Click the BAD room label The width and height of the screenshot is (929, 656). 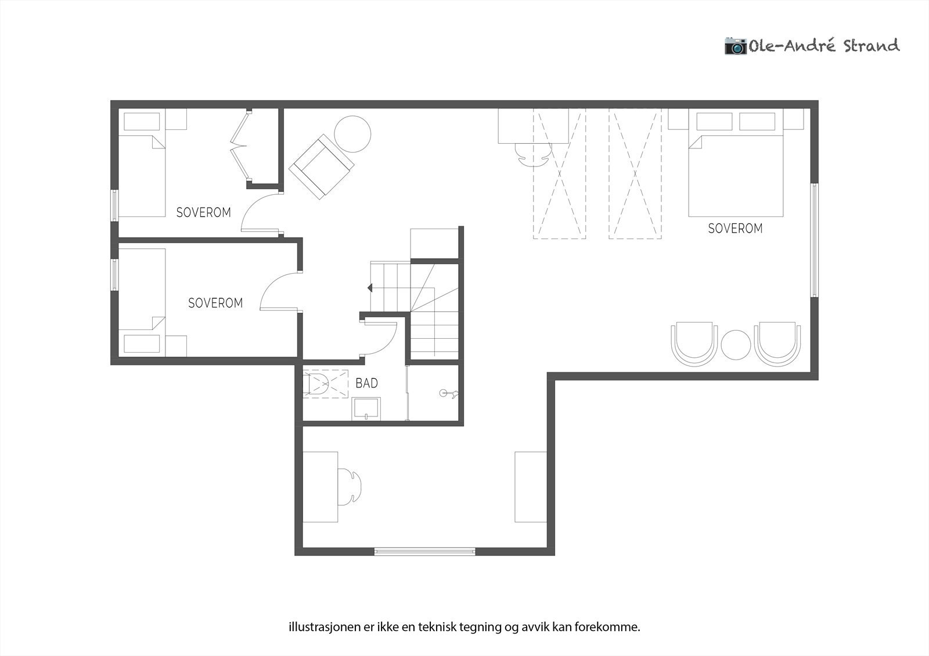pos(366,383)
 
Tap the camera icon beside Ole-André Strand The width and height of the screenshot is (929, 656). pos(735,45)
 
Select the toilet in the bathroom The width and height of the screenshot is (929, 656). pos(318,383)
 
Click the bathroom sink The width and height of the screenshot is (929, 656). pos(366,408)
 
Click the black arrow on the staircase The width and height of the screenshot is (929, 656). pos(370,287)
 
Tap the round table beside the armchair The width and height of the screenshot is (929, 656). pos(352,134)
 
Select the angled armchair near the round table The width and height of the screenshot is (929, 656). pos(321,166)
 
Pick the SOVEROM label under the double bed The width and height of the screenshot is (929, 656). pos(735,229)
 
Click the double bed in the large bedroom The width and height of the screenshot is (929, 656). pos(736,174)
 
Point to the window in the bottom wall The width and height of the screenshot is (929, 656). pos(425,552)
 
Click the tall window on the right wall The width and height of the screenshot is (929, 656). pos(815,240)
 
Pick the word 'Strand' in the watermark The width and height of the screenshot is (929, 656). pos(871,46)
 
